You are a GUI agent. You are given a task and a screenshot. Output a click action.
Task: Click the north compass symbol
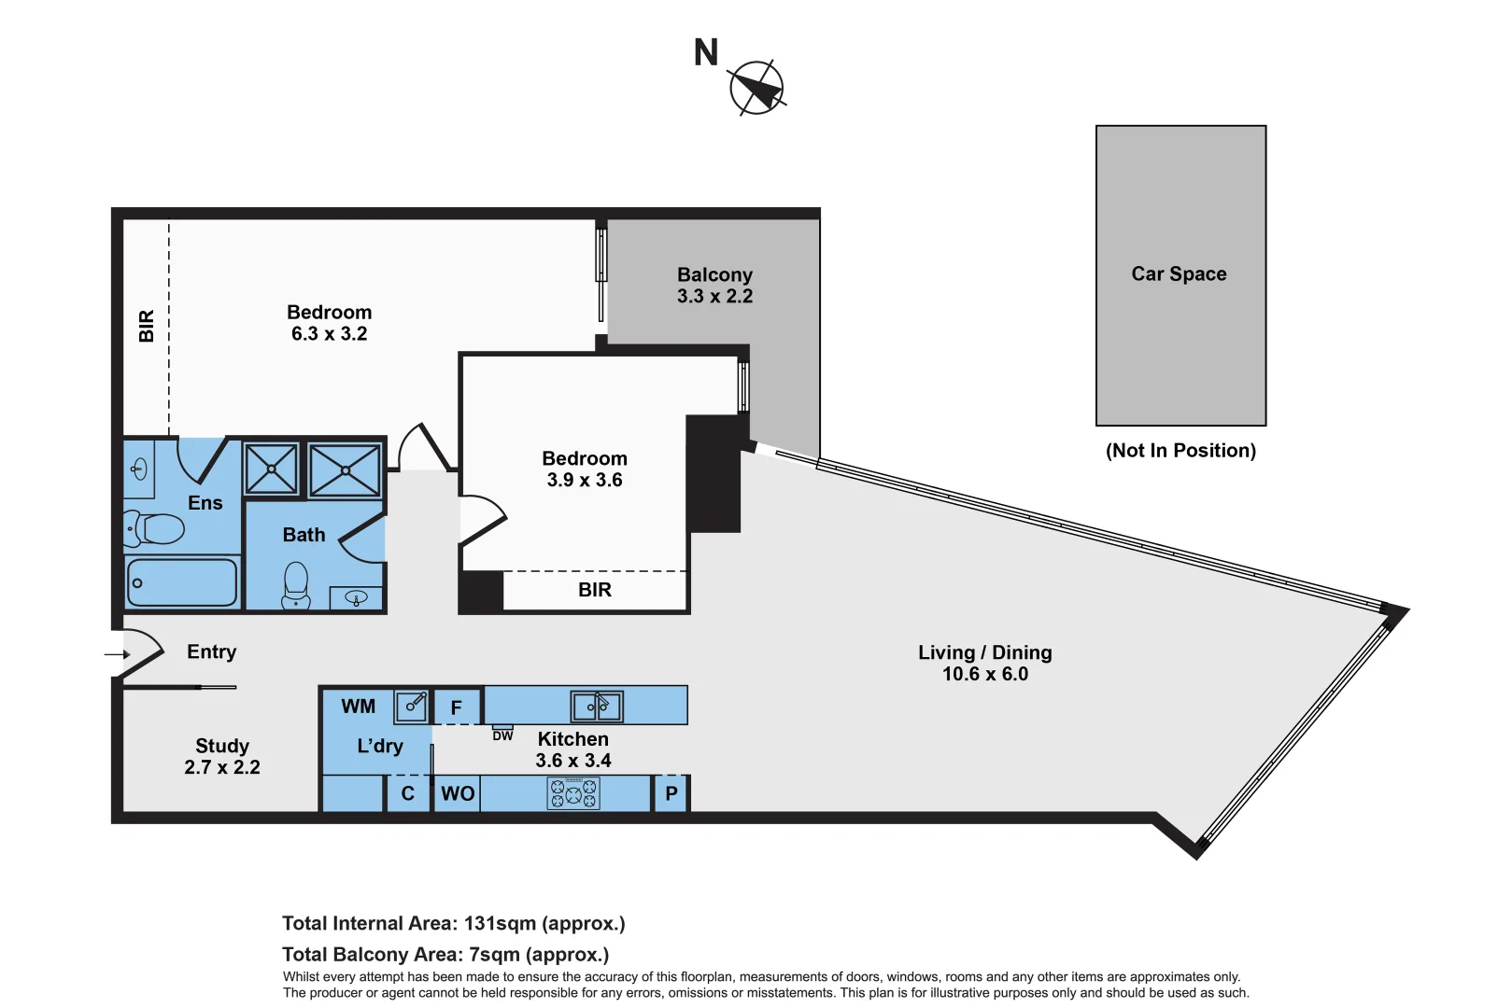point(756,89)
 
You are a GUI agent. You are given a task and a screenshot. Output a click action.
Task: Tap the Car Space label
point(1179,274)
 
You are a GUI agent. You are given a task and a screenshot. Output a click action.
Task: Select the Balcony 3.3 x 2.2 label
point(714,286)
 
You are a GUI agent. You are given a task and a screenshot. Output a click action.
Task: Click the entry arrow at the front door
point(118,654)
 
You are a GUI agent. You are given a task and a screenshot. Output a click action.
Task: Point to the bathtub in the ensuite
point(182,582)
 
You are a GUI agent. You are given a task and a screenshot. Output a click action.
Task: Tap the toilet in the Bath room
point(296,584)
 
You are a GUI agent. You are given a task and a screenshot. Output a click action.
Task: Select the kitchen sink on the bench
point(597,707)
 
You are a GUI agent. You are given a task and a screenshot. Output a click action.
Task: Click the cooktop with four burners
point(573,793)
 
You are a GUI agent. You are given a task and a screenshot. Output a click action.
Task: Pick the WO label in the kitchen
point(458,793)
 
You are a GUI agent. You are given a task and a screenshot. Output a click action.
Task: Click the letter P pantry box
point(671,794)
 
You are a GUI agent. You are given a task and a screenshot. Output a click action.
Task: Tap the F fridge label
point(456,707)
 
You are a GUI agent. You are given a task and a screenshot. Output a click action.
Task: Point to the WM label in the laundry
point(358,707)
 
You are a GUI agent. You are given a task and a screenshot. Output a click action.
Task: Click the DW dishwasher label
point(502,736)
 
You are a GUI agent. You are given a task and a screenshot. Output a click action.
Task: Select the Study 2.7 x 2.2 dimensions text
point(222,767)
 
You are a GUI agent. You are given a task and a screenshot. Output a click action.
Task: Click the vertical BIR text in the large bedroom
point(147,326)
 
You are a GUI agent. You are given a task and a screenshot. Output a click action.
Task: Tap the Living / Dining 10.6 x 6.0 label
point(984,663)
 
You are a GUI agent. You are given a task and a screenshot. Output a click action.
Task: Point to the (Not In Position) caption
point(1180,451)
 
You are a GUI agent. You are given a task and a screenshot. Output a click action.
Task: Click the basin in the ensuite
point(140,469)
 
